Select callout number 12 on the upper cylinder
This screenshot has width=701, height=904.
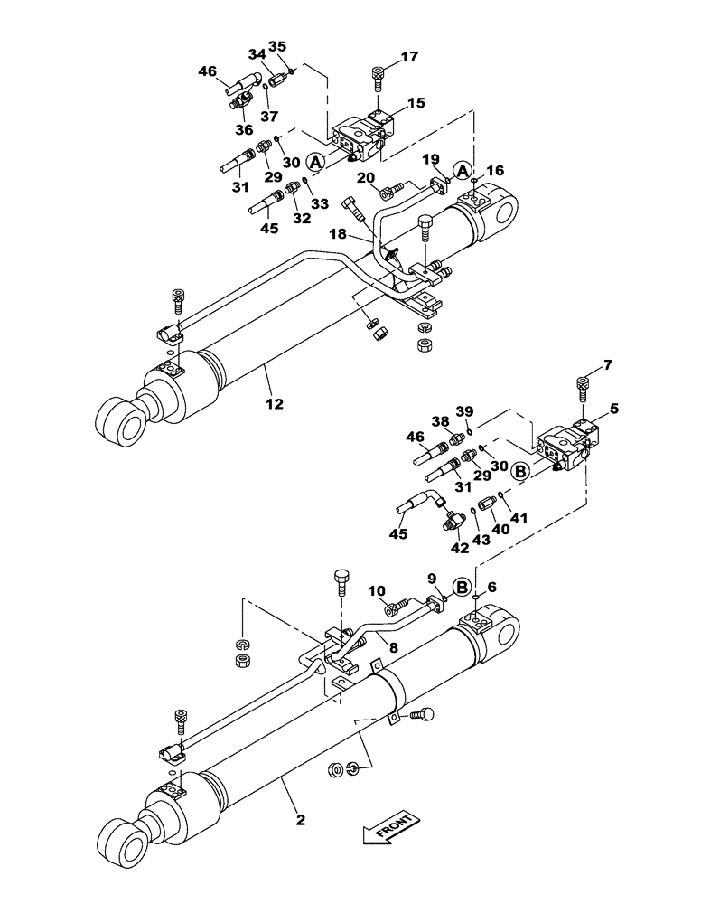(276, 403)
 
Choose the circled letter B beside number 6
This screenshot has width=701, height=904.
(462, 588)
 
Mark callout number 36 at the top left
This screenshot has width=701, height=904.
(244, 130)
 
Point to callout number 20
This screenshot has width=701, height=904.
(366, 177)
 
